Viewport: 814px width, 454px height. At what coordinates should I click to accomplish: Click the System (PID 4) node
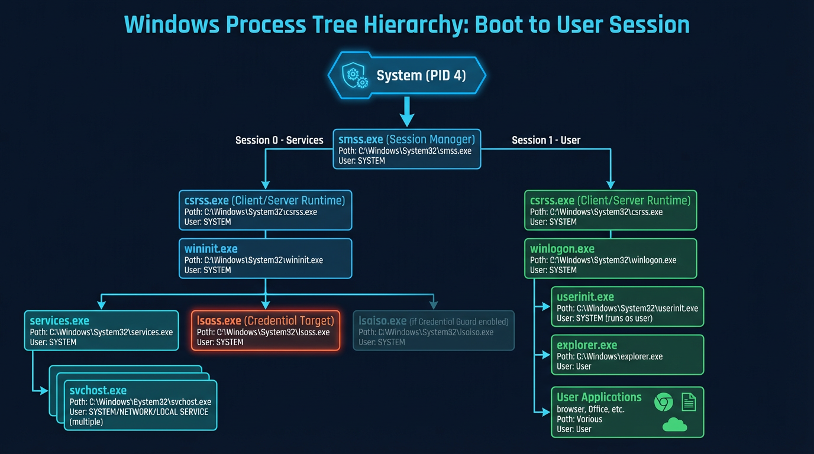[407, 76]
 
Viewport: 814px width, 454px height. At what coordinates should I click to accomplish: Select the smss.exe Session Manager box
[406, 149]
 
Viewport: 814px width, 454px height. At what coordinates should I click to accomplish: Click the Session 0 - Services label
[279, 140]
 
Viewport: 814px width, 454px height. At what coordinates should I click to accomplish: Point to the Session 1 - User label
[545, 140]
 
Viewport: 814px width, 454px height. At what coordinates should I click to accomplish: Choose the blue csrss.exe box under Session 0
[265, 210]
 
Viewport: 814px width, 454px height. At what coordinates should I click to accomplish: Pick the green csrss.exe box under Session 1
[610, 210]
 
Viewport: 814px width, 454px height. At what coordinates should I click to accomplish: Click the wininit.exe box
[265, 258]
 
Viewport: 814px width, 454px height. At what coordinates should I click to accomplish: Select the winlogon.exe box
[610, 258]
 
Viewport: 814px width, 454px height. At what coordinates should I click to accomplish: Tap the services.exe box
[101, 330]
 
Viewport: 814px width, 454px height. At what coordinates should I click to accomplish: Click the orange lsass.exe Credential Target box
[266, 330]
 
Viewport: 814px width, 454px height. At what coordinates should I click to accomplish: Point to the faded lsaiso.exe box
[434, 330]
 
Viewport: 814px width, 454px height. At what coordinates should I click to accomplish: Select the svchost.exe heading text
[98, 391]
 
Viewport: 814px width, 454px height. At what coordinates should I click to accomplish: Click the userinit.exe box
[627, 306]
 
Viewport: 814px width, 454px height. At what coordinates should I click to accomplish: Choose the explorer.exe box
[627, 355]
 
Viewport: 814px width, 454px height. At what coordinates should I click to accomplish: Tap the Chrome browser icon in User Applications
[663, 403]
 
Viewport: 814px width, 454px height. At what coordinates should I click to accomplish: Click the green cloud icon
[674, 424]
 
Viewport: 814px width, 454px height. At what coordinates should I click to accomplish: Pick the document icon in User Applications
[689, 402]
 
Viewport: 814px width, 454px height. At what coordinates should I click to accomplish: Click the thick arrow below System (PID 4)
[407, 111]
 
